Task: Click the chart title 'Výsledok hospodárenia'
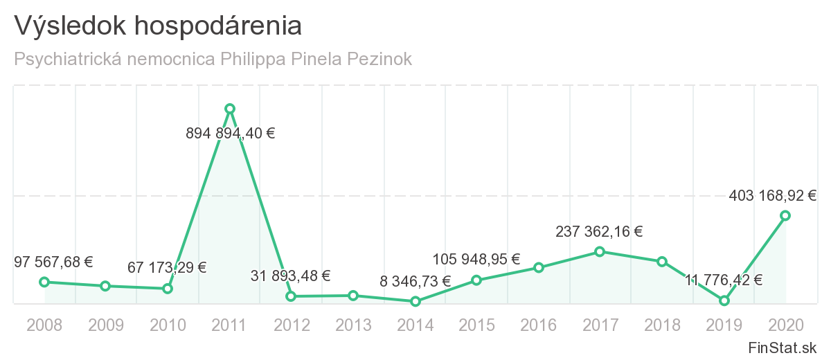pyautogui.click(x=158, y=26)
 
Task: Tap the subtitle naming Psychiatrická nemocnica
pyautogui.click(x=213, y=59)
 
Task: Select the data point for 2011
pyautogui.click(x=230, y=109)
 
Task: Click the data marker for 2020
pyautogui.click(x=785, y=215)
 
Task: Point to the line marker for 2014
pyautogui.click(x=415, y=301)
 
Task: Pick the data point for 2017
pyautogui.click(x=600, y=251)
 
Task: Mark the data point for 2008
pyautogui.click(x=44, y=282)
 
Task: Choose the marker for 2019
pyautogui.click(x=724, y=300)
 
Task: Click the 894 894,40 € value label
pyautogui.click(x=231, y=134)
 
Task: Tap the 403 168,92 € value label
pyautogui.click(x=773, y=196)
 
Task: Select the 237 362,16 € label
pyautogui.click(x=599, y=232)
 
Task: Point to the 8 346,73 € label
pyautogui.click(x=415, y=281)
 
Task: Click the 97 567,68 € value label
pyautogui.click(x=53, y=262)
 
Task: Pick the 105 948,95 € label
pyautogui.click(x=476, y=260)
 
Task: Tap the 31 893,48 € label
pyautogui.click(x=291, y=276)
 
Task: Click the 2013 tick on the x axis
pyautogui.click(x=353, y=325)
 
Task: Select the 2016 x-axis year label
pyautogui.click(x=539, y=325)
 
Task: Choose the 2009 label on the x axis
pyautogui.click(x=105, y=325)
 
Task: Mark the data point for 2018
pyautogui.click(x=662, y=262)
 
